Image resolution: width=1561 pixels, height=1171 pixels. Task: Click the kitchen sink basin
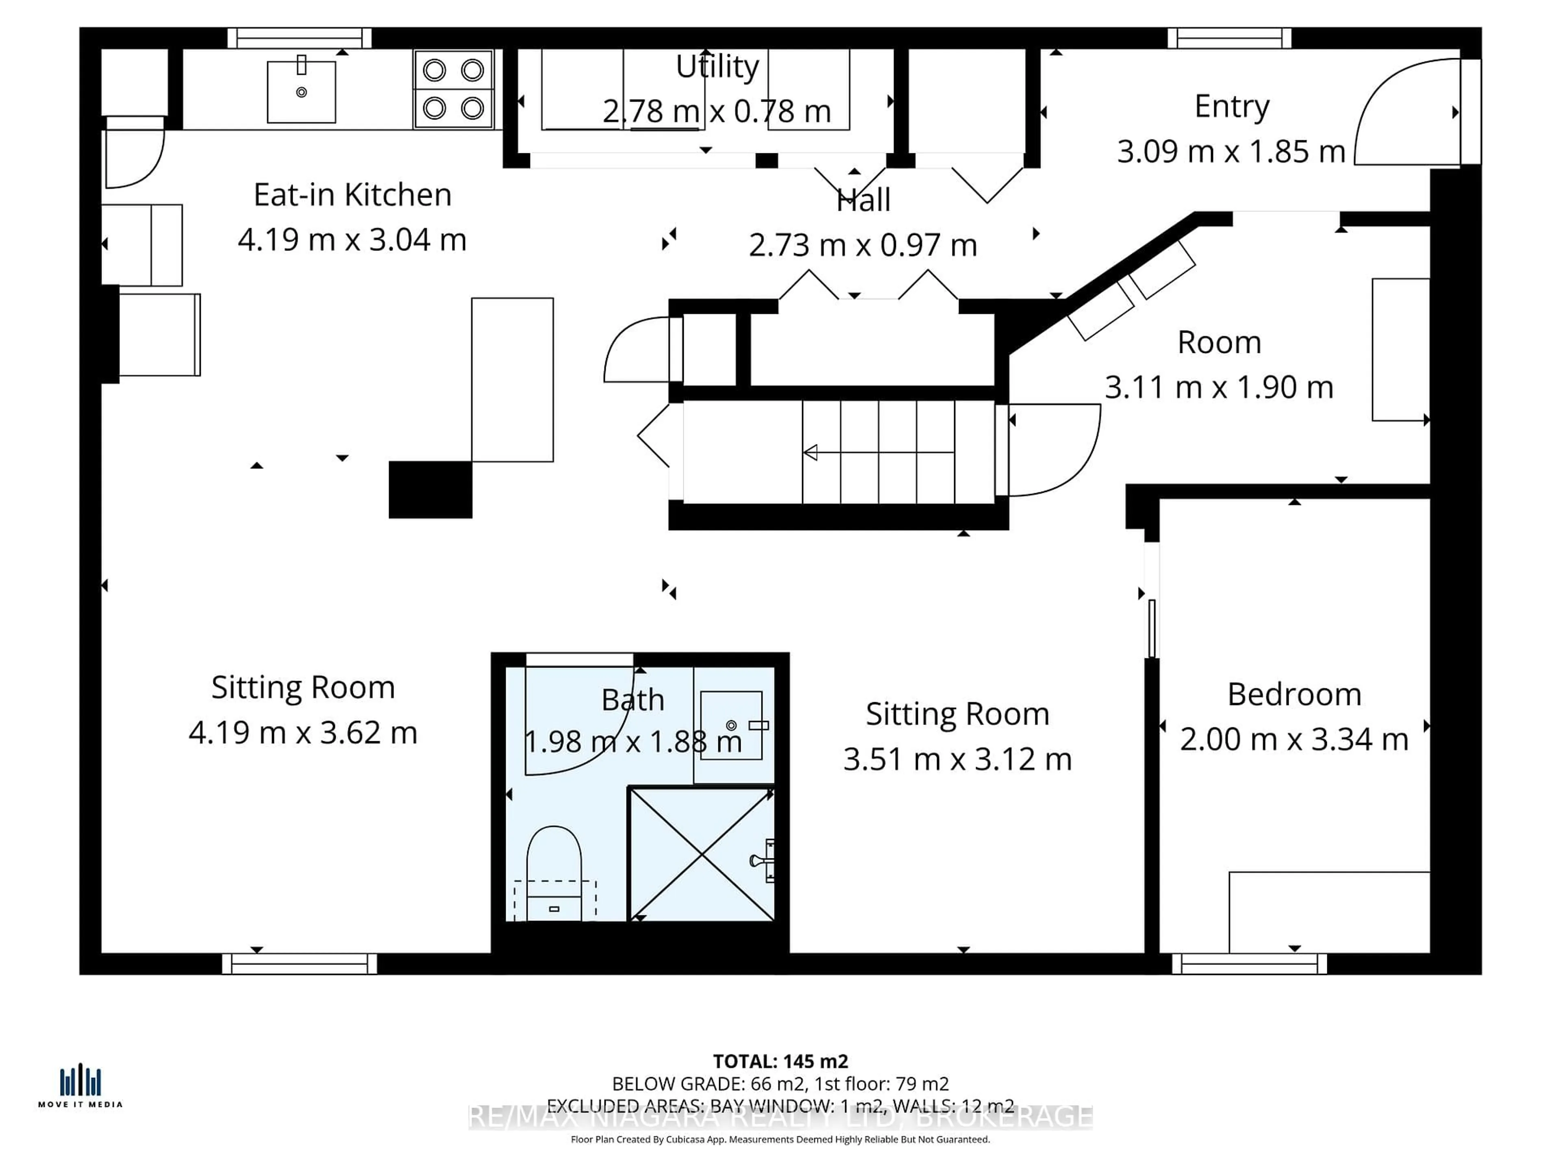301,92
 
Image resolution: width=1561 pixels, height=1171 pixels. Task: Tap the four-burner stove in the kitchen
453,89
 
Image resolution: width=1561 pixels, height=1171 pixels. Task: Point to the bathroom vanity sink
731,725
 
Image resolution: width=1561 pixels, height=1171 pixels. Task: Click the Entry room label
1231,107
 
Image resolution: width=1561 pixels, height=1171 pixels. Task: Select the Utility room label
717,67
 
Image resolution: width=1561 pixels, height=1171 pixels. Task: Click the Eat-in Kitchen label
352,195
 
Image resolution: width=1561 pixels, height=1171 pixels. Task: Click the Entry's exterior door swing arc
1404,113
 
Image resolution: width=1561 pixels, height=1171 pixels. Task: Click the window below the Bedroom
1249,964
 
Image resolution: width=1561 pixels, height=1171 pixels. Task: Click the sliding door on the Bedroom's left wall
1152,628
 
